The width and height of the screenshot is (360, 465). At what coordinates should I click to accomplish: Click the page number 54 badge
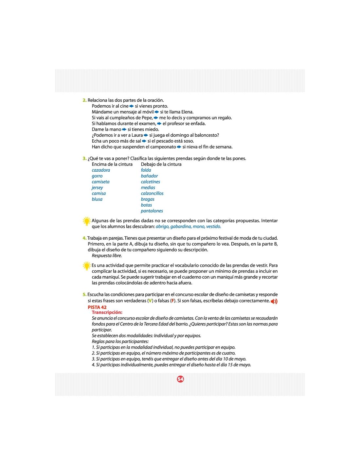click(x=180, y=379)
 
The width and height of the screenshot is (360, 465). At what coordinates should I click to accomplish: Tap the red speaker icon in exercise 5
click(x=274, y=301)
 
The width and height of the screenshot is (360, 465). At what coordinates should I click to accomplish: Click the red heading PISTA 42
click(x=97, y=307)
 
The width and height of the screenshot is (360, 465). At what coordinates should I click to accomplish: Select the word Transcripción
click(x=107, y=313)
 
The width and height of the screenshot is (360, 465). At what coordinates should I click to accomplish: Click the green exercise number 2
click(x=84, y=100)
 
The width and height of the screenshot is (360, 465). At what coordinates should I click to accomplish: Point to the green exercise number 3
click(x=84, y=159)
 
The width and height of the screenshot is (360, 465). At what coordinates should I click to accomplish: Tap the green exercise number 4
click(x=84, y=238)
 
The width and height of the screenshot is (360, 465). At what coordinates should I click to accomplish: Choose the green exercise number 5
click(x=84, y=295)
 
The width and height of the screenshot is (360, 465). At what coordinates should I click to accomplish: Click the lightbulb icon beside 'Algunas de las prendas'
click(x=86, y=221)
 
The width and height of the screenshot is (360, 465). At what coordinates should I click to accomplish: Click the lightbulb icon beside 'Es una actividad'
click(x=86, y=266)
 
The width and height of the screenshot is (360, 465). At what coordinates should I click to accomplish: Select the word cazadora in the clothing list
click(x=101, y=170)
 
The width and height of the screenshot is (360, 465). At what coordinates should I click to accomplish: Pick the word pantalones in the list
click(x=152, y=211)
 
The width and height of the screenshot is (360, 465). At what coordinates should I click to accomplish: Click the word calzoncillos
click(x=152, y=193)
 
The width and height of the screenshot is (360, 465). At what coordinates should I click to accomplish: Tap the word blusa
click(x=97, y=199)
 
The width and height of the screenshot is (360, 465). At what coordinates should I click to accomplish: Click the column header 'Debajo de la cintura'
click(x=161, y=164)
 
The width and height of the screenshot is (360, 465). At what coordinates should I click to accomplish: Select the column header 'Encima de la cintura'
click(x=112, y=164)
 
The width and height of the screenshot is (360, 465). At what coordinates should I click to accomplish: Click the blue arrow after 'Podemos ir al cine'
click(x=132, y=106)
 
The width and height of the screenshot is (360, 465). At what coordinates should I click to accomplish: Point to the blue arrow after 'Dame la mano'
click(x=124, y=129)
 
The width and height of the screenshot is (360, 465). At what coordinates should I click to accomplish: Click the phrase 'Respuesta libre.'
click(x=107, y=255)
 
